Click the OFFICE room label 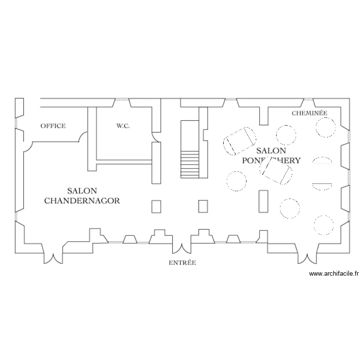[53, 126]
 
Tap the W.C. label [123, 126]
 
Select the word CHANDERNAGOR [82, 200]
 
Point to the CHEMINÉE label [309, 113]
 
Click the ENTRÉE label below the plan [182, 263]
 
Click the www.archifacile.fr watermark [333, 274]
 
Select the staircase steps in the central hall [190, 165]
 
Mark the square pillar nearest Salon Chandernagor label [156, 206]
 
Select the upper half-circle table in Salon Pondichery [322, 162]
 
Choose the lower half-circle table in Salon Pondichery [322, 185]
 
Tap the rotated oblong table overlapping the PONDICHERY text [276, 172]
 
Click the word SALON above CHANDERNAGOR [82, 191]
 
